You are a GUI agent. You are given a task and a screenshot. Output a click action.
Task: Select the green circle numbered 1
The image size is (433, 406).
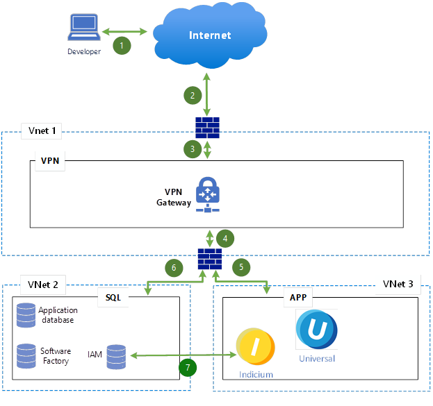click(122, 46)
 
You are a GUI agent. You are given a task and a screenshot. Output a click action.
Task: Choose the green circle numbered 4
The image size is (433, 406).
click(225, 237)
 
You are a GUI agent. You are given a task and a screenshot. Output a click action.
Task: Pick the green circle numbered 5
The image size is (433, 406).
click(240, 266)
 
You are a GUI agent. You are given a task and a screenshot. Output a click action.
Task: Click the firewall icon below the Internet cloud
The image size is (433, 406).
click(207, 128)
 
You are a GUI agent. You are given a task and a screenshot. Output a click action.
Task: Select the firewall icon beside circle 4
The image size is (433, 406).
click(209, 260)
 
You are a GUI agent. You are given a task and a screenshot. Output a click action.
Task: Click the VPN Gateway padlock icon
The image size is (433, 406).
click(208, 194)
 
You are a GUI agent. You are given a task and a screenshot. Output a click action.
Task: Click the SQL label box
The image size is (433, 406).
click(113, 296)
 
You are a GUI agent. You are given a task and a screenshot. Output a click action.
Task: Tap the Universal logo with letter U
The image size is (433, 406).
click(317, 329)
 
